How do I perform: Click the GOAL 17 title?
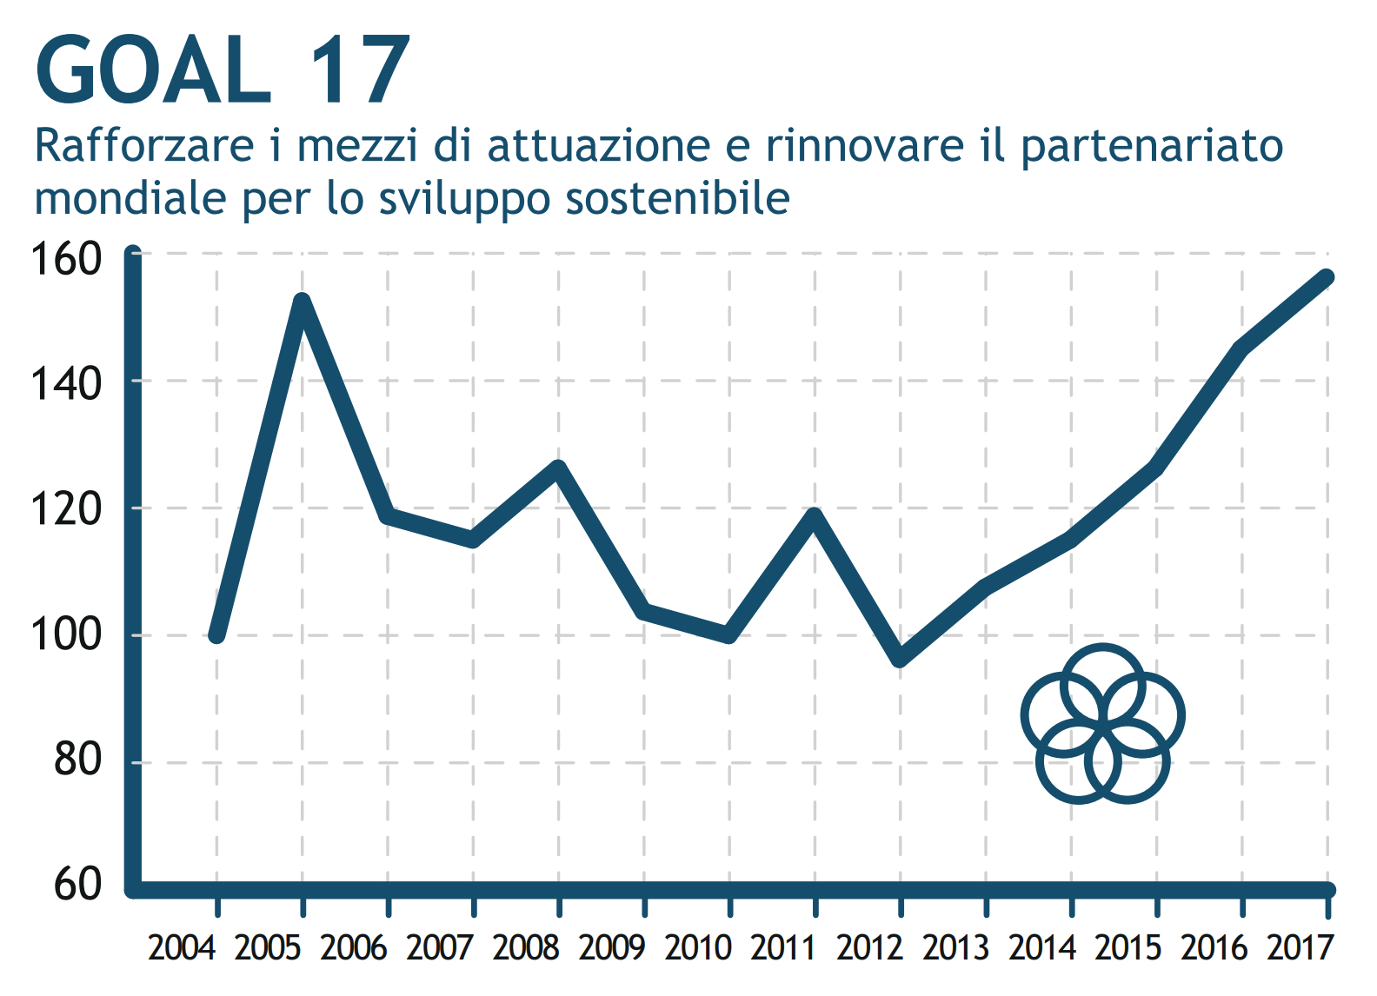coord(222,71)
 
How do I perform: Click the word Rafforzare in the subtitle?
coord(144,146)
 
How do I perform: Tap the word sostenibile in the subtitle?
coord(677,198)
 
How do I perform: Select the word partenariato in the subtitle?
coord(1151,146)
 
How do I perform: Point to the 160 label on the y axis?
coord(66,259)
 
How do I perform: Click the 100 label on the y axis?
coord(66,635)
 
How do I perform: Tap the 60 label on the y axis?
coord(77,885)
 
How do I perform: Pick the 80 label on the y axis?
coord(77,760)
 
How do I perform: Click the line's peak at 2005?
coord(303,301)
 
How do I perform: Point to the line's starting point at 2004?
coord(217,635)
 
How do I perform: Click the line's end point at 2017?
coord(1327,278)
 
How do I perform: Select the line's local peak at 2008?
coord(559,468)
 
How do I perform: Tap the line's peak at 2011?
coord(815,514)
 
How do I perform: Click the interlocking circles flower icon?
coord(1102,723)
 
